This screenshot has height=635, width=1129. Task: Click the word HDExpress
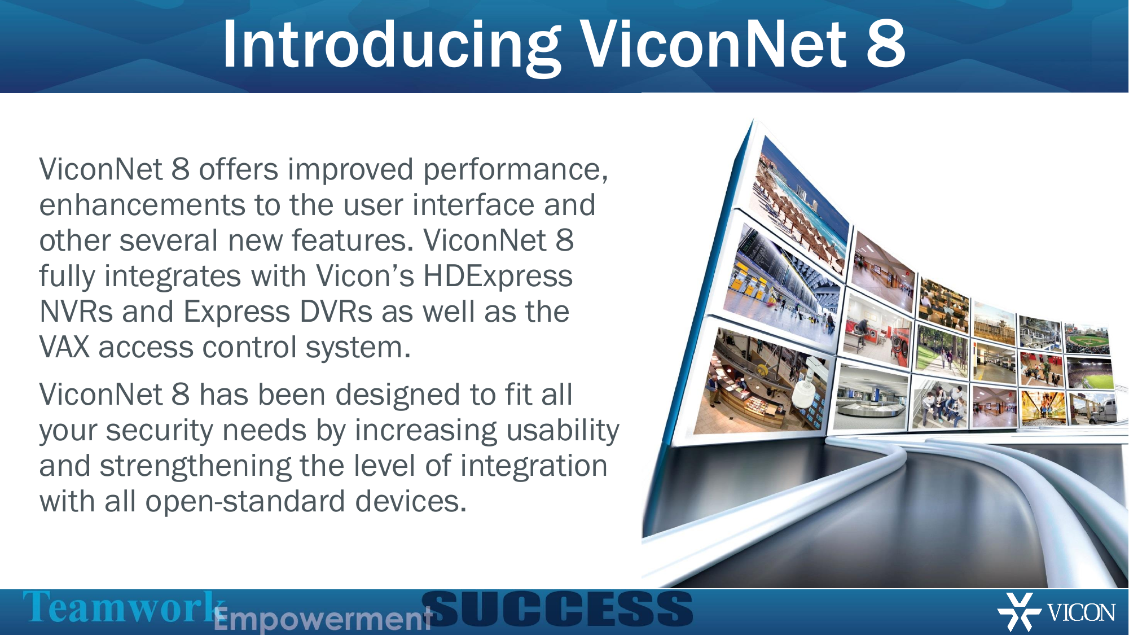[x=498, y=277]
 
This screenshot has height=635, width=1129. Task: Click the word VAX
[x=64, y=348]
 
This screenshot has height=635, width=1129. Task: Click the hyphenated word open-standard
[x=245, y=502]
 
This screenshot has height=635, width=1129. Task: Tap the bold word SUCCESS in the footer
[x=557, y=609]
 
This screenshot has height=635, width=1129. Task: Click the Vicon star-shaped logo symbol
[x=1019, y=612]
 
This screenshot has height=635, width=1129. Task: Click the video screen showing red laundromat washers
[x=877, y=330]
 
